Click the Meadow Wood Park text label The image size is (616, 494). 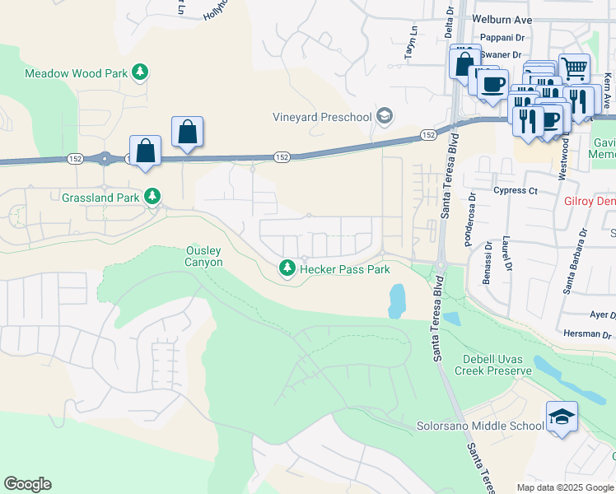tap(76, 73)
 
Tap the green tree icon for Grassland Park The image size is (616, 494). tap(152, 197)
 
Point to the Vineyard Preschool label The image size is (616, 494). tap(323, 117)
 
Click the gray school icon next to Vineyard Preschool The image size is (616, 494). tap(384, 116)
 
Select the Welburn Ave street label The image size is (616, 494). tap(502, 20)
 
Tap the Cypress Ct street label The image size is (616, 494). tap(516, 191)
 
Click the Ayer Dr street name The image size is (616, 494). tap(603, 315)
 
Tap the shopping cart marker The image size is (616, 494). tap(574, 68)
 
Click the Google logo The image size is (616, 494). tap(27, 484)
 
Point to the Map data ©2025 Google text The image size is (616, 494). tap(565, 487)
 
